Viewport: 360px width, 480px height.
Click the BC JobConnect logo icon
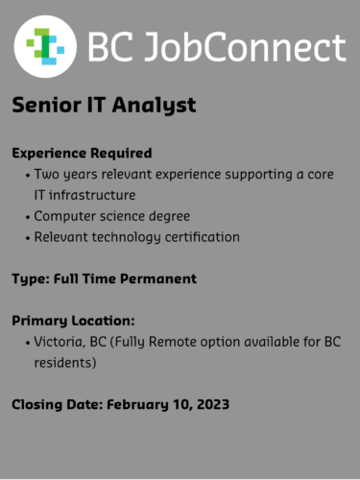[45, 45]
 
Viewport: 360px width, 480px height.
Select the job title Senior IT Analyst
[104, 106]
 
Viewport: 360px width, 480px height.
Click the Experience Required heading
[82, 153]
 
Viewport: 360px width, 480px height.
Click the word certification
[198, 236]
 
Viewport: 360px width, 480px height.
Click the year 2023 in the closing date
[207, 404]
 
